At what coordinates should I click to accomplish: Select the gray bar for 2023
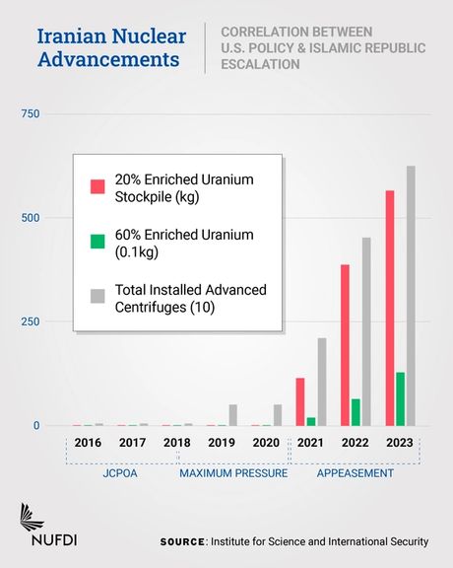click(x=411, y=296)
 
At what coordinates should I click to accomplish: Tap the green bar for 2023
click(x=400, y=398)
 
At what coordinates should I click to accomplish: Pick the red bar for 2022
click(x=346, y=345)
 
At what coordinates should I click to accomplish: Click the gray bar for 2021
click(x=322, y=382)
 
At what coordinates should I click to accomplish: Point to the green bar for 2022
click(x=356, y=412)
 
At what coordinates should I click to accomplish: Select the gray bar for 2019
click(x=233, y=415)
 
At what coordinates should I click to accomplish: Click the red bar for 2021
click(x=300, y=401)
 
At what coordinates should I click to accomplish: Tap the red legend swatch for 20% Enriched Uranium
click(x=97, y=186)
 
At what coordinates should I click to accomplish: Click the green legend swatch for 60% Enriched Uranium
click(x=97, y=242)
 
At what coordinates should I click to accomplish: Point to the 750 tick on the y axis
click(x=31, y=115)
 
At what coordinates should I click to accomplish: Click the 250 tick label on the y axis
click(x=31, y=322)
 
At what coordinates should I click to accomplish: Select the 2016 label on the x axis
click(x=88, y=445)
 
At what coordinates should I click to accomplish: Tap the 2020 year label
click(x=266, y=445)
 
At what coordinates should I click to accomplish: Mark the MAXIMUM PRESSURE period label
click(x=233, y=474)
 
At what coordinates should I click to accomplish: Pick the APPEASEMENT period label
click(x=355, y=474)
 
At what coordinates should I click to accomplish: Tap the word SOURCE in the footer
click(x=183, y=541)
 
